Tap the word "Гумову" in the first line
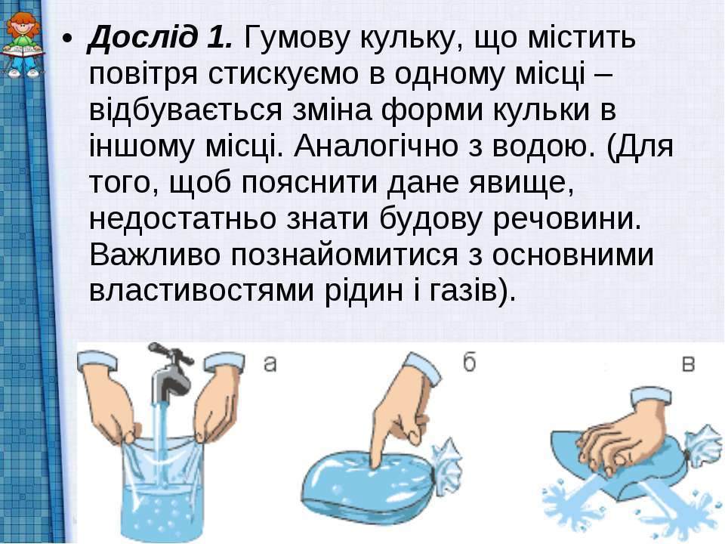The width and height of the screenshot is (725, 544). pos(295,39)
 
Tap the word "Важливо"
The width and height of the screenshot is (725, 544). pos(154,255)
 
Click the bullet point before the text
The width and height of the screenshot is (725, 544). pos(68,39)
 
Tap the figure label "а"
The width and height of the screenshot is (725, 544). pos(270,363)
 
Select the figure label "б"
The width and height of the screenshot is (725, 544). pos(469,362)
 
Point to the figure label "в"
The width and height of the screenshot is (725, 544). pos(689,364)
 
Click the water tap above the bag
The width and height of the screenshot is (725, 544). pos(168,370)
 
